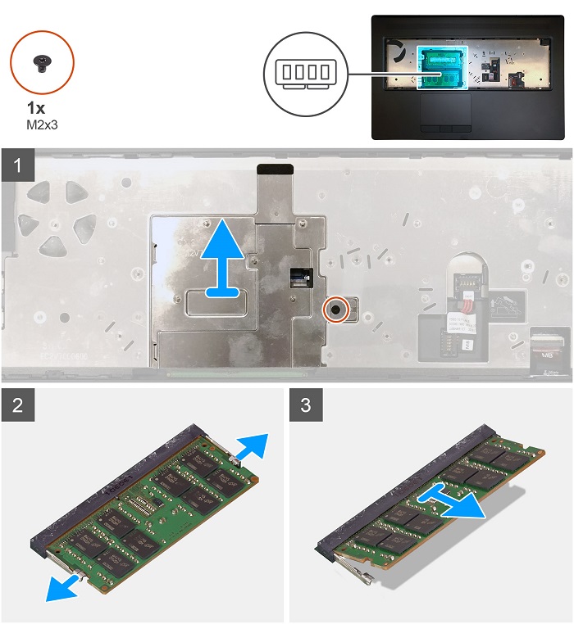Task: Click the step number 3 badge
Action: (x=306, y=405)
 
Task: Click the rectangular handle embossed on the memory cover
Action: (x=212, y=301)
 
